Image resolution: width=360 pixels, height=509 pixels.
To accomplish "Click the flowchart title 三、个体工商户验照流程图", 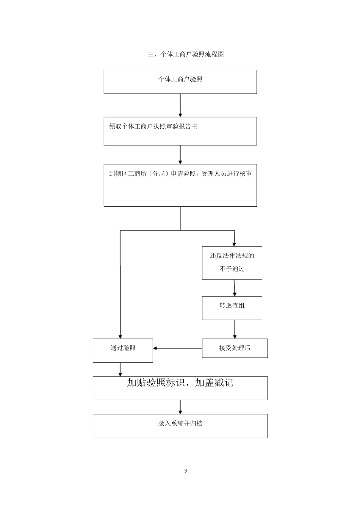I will point(186,54).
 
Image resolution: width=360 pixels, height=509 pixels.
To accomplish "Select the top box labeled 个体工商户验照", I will point(180,81).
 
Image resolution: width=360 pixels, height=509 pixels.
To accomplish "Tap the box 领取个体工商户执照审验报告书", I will point(180,131).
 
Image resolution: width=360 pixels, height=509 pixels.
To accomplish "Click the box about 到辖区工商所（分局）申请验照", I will point(180,185).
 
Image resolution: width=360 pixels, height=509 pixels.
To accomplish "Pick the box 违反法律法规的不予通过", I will point(232,263).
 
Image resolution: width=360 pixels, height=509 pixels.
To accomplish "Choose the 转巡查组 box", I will point(232,308).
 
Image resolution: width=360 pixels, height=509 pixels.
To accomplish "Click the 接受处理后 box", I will point(235,348).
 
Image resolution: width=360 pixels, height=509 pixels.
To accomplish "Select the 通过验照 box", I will point(123,350).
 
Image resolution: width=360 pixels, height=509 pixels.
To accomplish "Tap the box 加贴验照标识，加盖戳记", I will point(180,388).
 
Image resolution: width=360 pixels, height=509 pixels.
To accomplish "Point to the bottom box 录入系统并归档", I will point(180,426).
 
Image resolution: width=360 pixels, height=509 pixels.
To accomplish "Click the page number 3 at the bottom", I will point(186,471).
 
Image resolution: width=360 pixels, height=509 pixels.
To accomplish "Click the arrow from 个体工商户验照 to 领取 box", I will point(180,105).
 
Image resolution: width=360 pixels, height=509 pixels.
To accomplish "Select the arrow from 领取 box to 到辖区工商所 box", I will point(180,155).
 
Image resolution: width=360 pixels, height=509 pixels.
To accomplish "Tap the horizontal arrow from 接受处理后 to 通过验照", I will point(177,348).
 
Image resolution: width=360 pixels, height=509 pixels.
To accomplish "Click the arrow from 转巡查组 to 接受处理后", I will point(235,329).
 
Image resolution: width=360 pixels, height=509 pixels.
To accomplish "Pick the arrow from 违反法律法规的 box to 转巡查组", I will point(235,288).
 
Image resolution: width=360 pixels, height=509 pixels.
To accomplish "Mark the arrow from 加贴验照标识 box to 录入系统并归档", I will point(180,407).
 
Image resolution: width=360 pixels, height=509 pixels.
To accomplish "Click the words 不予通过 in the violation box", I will point(232,269).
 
